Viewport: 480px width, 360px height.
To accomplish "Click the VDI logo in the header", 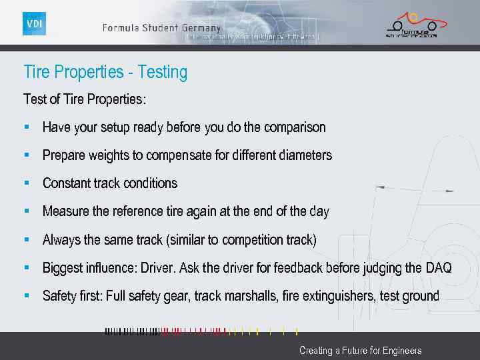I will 34,23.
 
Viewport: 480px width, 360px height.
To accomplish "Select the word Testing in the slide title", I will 163,72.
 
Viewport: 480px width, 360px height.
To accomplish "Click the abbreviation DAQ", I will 439,267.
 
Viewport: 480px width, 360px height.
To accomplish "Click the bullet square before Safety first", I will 27,294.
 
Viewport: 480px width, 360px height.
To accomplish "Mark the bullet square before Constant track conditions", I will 27,181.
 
